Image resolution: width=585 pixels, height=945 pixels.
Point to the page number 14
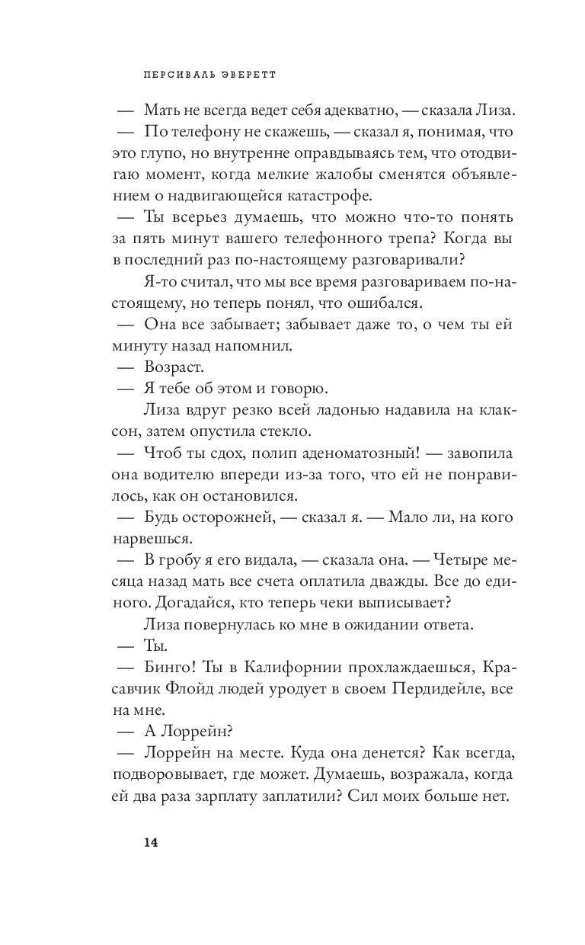click(x=150, y=842)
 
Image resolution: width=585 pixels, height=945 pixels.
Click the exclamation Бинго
click(x=172, y=668)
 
